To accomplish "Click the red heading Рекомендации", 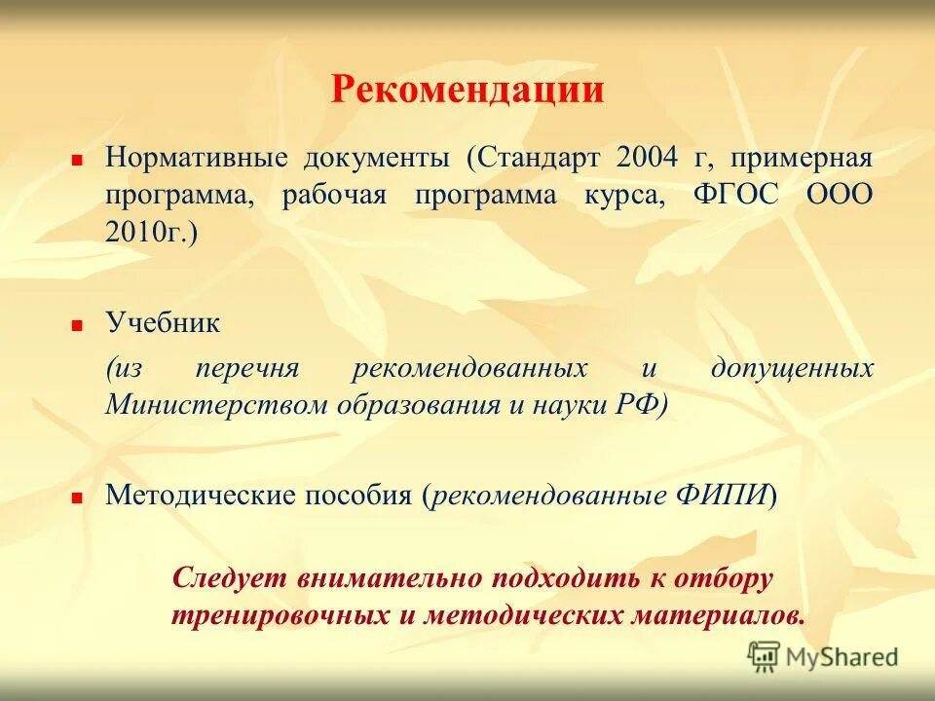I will [x=467, y=91].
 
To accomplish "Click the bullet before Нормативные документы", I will [x=76, y=157].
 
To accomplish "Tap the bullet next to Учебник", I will [x=76, y=324].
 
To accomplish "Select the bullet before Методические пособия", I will [x=76, y=496].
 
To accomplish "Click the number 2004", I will [x=651, y=159].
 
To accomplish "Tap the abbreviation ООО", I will [x=839, y=195].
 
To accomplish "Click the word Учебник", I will [x=163, y=323].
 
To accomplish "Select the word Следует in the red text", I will [x=229, y=578].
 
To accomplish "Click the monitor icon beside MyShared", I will [x=765, y=656].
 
